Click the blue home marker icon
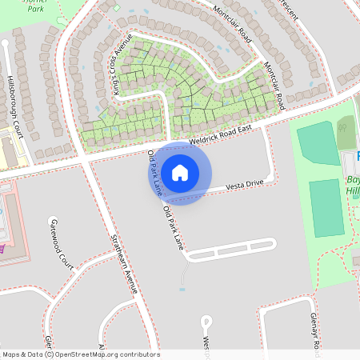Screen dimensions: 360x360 pos(180,172)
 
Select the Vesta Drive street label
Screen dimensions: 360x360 pos(244,185)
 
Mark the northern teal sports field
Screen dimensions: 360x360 pos(318,144)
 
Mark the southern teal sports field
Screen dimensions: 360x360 pos(327,208)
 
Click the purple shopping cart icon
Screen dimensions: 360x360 pos(2,247)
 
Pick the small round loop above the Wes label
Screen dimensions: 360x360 pos(207,322)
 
